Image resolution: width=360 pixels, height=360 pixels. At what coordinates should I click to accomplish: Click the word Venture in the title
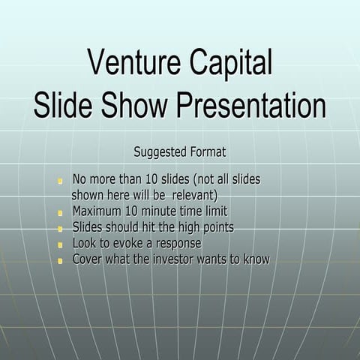(x=134, y=61)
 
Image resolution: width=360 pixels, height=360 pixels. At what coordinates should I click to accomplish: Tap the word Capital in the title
(x=231, y=64)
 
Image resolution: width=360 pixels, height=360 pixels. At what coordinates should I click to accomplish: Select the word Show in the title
(x=134, y=104)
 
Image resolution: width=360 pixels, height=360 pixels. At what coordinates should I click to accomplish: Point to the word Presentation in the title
(x=251, y=104)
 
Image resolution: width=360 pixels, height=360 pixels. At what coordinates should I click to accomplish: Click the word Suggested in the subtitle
(x=160, y=152)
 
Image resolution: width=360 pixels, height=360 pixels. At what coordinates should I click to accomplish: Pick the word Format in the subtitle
(x=208, y=151)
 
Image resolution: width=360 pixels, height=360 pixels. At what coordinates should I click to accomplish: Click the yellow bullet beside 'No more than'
(x=60, y=181)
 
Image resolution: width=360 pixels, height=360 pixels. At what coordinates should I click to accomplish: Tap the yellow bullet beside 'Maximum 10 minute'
(x=60, y=213)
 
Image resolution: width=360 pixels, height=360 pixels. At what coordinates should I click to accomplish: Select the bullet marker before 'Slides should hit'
(x=60, y=229)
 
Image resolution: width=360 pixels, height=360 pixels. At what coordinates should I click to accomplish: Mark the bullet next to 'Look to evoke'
(x=60, y=244)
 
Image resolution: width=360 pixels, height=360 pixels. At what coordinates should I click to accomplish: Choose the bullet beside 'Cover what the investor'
(x=60, y=261)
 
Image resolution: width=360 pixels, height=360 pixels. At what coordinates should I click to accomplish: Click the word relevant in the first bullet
(x=195, y=196)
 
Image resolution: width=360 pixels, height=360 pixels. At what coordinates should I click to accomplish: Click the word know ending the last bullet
(x=256, y=259)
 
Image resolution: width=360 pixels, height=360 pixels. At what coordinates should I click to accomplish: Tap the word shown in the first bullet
(x=88, y=195)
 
